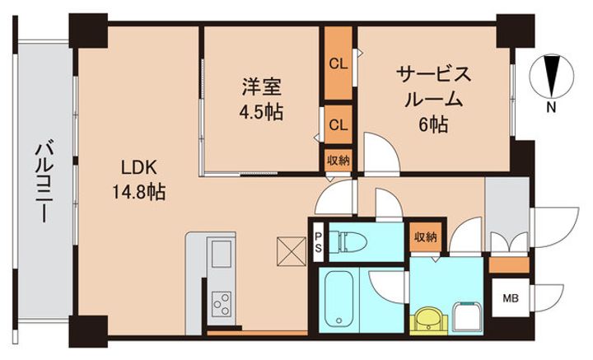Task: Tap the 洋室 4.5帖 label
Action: [262, 98]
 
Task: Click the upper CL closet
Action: [338, 63]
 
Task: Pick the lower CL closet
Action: [338, 125]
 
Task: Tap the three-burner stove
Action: [222, 303]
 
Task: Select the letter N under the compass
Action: [550, 107]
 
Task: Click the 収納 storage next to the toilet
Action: [426, 237]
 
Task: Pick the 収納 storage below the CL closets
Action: [337, 160]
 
